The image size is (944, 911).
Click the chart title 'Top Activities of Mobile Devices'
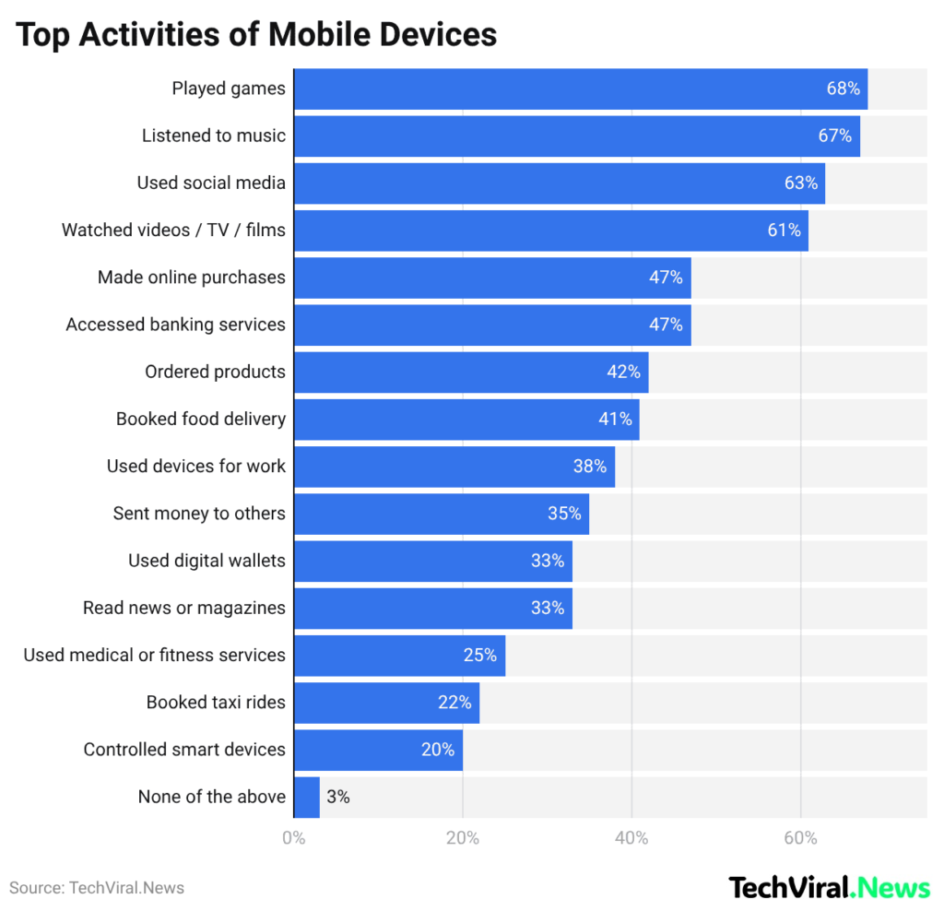[256, 34]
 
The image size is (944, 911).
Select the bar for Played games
[553, 89]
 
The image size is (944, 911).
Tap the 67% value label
[834, 136]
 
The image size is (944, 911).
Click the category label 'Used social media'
[211, 183]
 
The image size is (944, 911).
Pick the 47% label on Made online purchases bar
[665, 277]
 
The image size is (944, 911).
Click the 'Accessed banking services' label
[175, 325]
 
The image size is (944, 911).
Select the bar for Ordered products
[461, 372]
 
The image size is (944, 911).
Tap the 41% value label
[615, 419]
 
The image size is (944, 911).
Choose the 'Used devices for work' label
[195, 466]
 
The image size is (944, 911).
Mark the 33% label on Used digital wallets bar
[547, 560]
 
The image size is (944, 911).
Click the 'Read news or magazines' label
[183, 608]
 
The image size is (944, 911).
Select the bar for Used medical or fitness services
[387, 655]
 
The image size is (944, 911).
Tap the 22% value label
[454, 702]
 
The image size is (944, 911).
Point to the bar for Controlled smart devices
[369, 750]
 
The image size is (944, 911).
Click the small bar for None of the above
[306, 797]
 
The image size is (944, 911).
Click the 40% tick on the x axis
[631, 838]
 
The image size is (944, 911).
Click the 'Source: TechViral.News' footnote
[97, 888]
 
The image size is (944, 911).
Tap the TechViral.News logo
[830, 887]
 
